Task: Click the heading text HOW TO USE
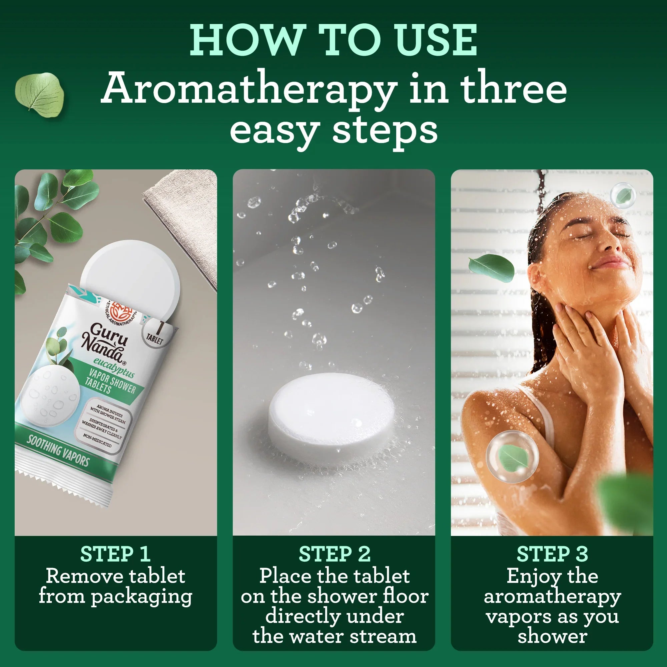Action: coord(333,40)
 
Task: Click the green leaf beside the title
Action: coord(39,96)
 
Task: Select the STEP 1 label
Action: coord(115,554)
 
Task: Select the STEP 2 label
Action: coord(334,554)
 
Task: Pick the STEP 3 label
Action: coord(552,554)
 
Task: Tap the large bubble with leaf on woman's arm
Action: coord(512,457)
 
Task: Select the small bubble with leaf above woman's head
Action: coord(623,195)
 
